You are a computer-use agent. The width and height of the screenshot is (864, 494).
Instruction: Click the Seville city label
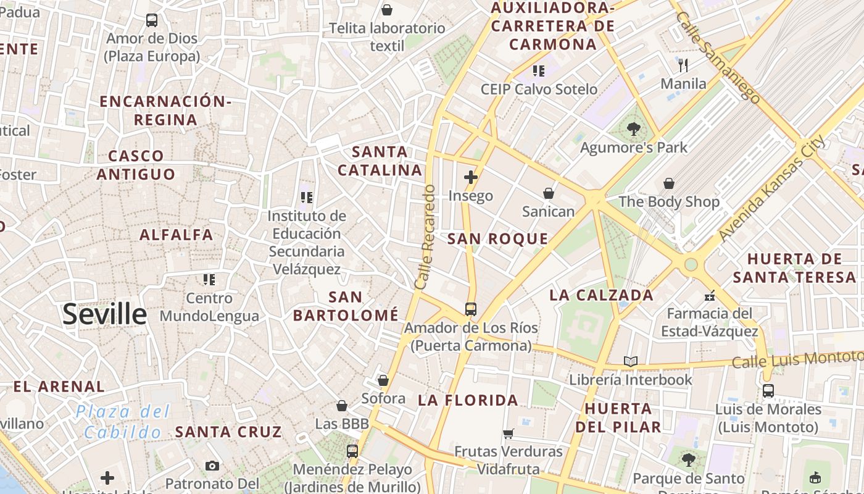coord(104,314)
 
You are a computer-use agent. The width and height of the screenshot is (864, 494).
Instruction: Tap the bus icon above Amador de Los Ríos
coord(471,309)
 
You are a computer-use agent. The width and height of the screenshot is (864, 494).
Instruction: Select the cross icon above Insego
coord(471,178)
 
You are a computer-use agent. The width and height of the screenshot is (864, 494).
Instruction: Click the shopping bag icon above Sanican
coord(548,193)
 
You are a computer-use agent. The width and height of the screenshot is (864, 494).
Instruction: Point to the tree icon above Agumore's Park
coord(633,129)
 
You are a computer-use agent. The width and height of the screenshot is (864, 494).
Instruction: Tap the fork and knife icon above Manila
coord(683,65)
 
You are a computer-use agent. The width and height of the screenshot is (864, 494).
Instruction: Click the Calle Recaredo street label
coord(426,237)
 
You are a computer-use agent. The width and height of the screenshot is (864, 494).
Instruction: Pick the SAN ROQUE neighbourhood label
coord(497,239)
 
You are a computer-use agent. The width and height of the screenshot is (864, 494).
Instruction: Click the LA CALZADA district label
coord(601,295)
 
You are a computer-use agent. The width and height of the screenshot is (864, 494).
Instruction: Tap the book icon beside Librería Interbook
coord(630,361)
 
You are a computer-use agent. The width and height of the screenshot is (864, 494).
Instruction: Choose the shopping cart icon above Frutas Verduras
coord(509,433)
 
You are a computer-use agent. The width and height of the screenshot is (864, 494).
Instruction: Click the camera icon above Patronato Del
coord(212,466)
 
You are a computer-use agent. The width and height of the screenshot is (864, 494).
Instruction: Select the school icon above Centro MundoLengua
coord(209,280)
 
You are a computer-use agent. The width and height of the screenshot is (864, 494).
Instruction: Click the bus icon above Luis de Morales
coord(768,390)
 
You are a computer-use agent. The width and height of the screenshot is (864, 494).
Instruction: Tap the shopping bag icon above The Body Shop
coord(669,183)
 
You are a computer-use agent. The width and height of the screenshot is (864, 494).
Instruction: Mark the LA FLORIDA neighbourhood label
coord(468,400)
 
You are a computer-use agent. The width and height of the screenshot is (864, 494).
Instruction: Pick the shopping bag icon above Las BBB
coord(342,406)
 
